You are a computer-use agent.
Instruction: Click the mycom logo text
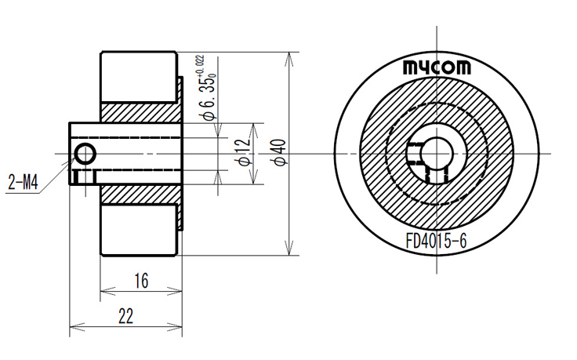tap(437, 67)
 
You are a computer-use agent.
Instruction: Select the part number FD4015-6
tap(437, 242)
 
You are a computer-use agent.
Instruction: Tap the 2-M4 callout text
tap(24, 182)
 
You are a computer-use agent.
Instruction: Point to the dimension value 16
tap(141, 281)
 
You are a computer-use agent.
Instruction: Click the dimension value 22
tap(125, 316)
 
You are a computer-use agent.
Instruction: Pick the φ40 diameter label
tap(281, 152)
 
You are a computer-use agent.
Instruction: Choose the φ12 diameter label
tap(245, 152)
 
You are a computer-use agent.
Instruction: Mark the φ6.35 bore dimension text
tap(208, 98)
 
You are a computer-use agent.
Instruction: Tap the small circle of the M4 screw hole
tap(85, 154)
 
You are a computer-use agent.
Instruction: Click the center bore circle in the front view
tap(437, 154)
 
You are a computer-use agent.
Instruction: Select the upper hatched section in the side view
tap(140, 113)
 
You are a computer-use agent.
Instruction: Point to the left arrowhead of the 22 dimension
tap(77, 326)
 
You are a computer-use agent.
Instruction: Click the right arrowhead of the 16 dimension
tap(175, 291)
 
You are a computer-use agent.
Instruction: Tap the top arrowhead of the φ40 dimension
tap(289, 60)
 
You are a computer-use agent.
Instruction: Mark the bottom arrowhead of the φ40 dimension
tap(289, 247)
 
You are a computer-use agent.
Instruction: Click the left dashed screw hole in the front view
tap(415, 154)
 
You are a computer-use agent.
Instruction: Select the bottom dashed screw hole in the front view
tap(437, 174)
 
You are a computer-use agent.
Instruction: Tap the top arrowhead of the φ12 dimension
tap(254, 131)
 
